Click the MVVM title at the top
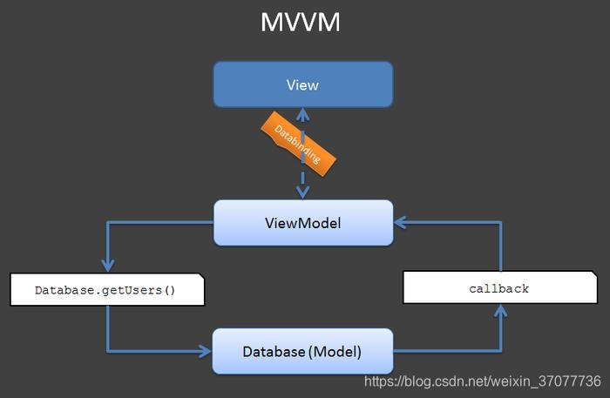click(x=301, y=23)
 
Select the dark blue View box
click(x=302, y=84)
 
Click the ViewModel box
click(x=302, y=223)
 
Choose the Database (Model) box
click(x=302, y=352)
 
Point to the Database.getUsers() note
click(x=106, y=289)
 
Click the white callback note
click(x=499, y=288)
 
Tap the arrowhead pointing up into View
click(x=302, y=113)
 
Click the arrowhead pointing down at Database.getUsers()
click(x=106, y=266)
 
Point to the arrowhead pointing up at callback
click(x=500, y=312)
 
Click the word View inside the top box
click(x=302, y=84)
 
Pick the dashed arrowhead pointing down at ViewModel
click(x=302, y=193)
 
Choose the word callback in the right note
click(x=499, y=288)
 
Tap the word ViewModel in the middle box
click(x=302, y=223)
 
